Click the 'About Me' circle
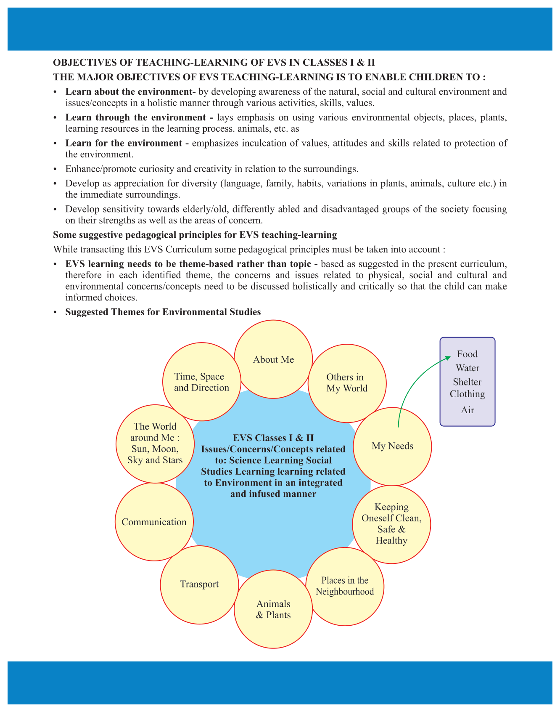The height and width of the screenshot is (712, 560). pos(273,359)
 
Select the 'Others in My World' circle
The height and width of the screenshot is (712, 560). pos(347,383)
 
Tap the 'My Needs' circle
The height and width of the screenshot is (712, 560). pos(392,446)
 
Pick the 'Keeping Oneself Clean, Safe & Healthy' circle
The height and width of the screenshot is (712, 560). pos(391,524)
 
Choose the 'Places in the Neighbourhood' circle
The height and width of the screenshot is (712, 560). pos(345,586)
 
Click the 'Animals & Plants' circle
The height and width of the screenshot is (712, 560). pos(273,609)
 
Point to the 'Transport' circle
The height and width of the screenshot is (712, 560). pos(199,584)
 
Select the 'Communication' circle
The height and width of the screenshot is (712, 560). pos(154,522)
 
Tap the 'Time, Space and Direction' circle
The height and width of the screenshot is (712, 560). pos(201,382)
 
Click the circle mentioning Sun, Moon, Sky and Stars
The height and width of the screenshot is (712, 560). pos(155,444)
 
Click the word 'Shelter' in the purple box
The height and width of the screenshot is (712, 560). pos(467,382)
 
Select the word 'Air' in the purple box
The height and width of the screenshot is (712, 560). pos(467,410)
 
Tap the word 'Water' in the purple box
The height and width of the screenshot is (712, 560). pos(468,368)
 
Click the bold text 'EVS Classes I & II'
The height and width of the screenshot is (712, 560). pos(273,438)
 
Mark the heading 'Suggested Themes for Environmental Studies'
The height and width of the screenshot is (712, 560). pos(163,312)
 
